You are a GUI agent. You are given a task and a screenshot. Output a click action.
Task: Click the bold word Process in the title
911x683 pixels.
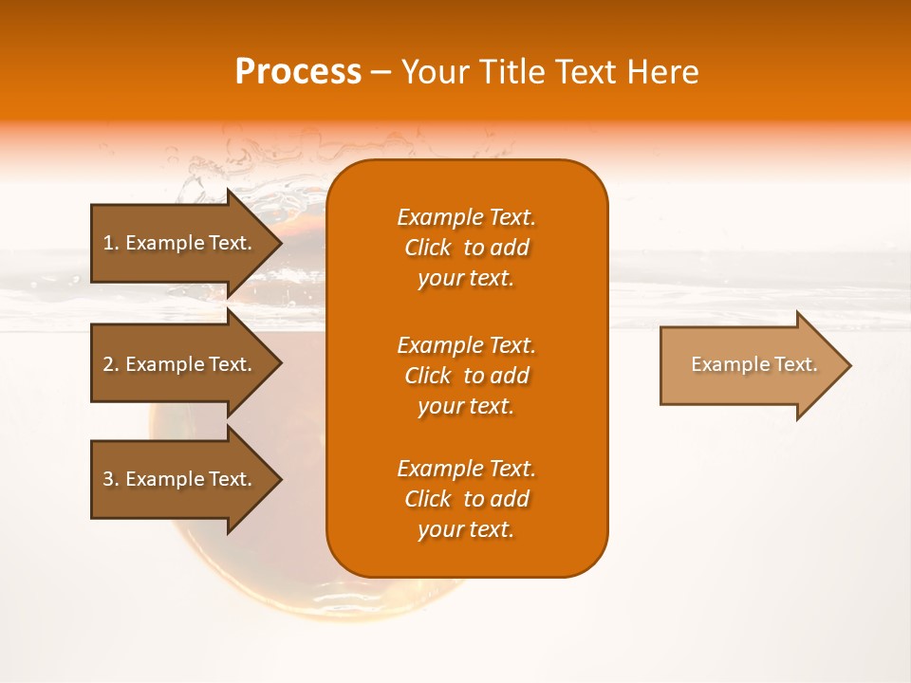coord(298,72)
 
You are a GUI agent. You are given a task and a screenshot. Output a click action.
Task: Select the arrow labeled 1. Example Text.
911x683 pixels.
coord(180,243)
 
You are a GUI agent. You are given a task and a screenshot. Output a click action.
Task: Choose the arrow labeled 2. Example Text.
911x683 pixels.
coord(180,364)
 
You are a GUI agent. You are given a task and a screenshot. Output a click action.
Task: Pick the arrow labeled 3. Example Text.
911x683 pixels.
coord(180,479)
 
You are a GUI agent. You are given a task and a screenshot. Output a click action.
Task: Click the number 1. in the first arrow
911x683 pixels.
coord(111,243)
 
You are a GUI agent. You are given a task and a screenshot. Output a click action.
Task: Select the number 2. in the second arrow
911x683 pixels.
coord(111,364)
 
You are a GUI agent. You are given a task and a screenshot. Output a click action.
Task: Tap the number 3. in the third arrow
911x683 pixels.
coord(111,479)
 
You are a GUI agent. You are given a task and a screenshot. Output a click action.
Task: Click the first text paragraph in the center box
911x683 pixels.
coord(466,248)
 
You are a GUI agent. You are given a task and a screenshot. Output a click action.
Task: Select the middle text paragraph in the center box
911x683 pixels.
coord(466,375)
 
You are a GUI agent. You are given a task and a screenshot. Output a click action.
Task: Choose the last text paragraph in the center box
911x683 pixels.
coord(466,499)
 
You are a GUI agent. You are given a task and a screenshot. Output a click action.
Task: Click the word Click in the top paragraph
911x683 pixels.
coord(427,248)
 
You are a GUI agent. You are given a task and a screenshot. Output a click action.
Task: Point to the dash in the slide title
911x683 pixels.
coord(381,72)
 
